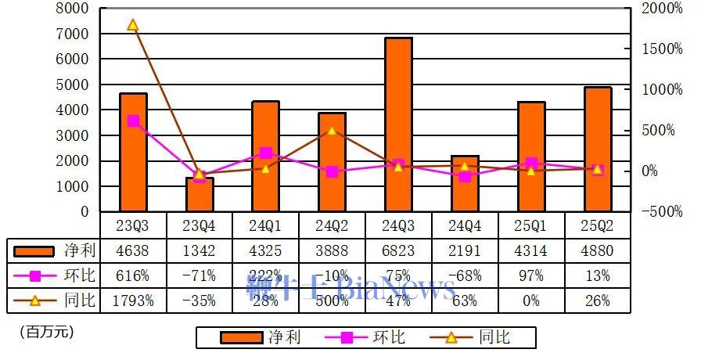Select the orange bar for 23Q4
point(199,195)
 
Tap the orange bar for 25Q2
point(598,149)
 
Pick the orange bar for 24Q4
point(465,184)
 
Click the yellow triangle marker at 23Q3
point(133,25)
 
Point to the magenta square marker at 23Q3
point(133,121)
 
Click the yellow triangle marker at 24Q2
point(332,130)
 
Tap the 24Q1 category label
point(265,225)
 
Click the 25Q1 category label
point(531,225)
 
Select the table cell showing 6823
point(398,251)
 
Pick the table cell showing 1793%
point(133,301)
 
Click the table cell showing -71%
point(199,276)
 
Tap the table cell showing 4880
point(598,251)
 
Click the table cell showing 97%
point(531,276)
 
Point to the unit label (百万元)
point(46,332)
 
